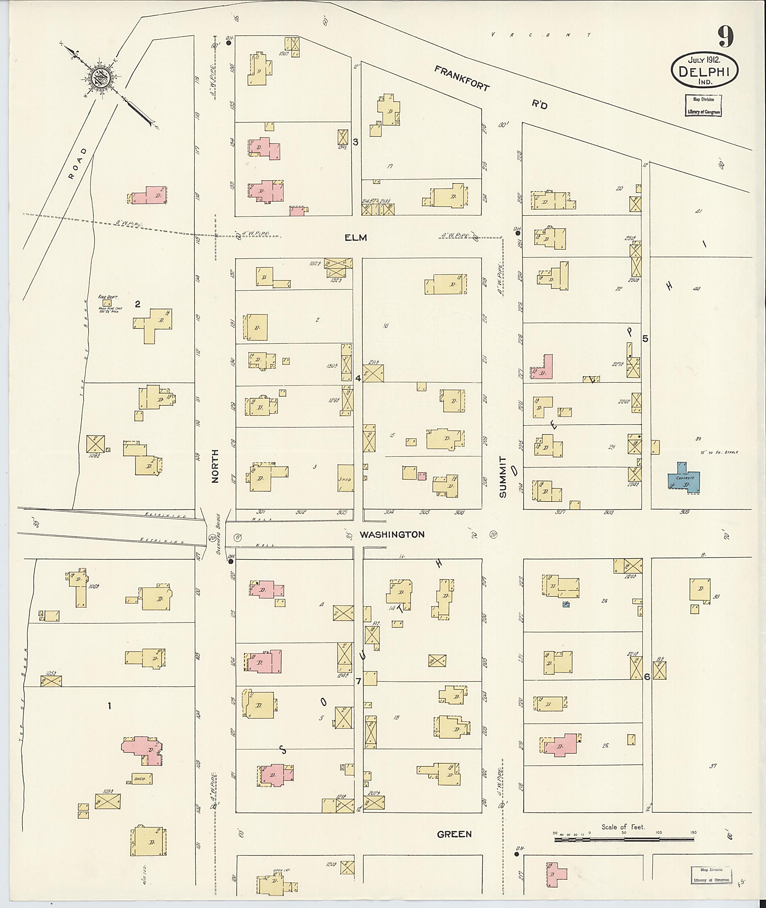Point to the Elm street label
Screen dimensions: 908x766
tap(356, 237)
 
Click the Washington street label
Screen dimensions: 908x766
tap(392, 534)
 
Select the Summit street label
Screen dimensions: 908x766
tap(502, 476)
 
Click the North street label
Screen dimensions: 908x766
tap(215, 466)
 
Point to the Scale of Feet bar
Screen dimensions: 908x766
tap(625, 840)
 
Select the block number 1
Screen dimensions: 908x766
tap(110, 706)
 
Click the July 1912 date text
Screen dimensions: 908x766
tap(704, 59)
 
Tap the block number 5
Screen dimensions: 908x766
tap(645, 339)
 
